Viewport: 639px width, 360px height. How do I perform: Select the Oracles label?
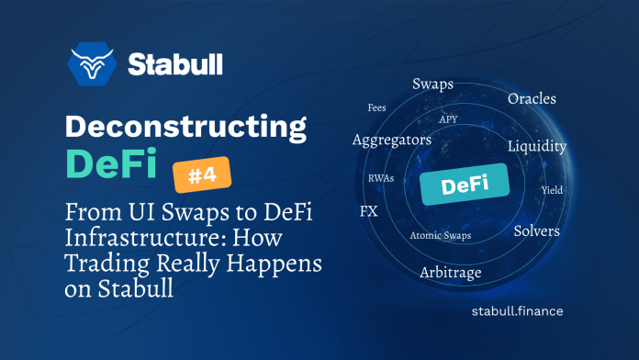click(x=532, y=98)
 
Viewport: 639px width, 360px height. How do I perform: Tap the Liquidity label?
click(x=536, y=146)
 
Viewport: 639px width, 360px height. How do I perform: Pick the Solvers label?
click(x=536, y=231)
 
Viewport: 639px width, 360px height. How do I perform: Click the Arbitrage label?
click(x=450, y=273)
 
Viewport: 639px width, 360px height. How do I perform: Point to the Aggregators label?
click(x=391, y=140)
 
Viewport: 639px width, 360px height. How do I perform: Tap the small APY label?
click(x=448, y=118)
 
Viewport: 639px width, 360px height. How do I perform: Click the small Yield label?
click(x=553, y=191)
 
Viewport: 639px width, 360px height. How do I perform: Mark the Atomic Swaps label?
click(x=439, y=236)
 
